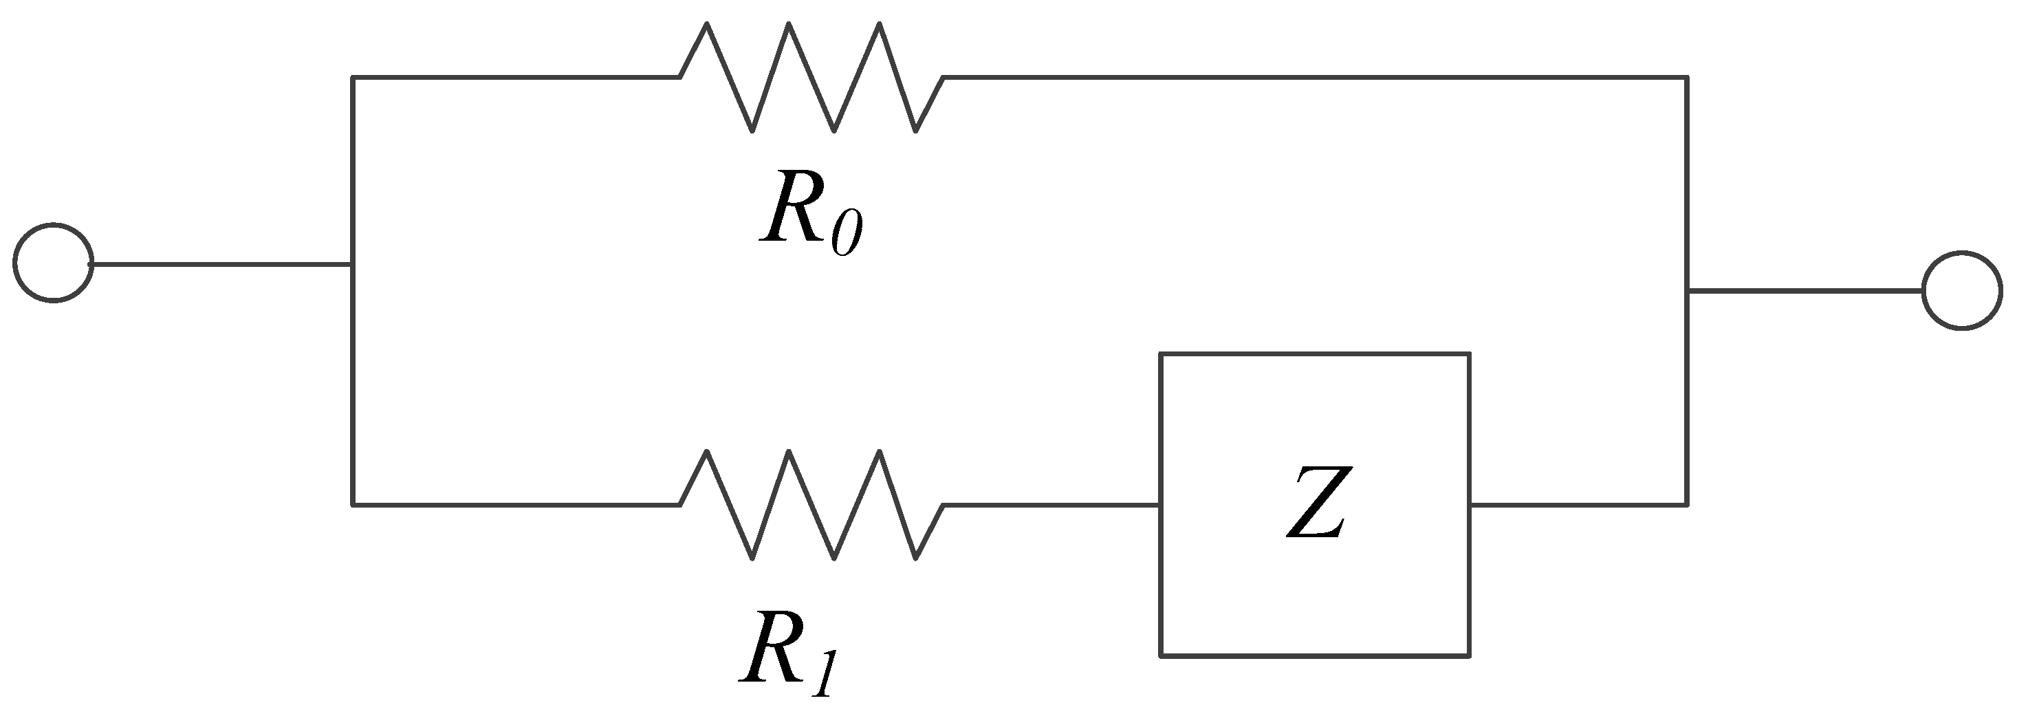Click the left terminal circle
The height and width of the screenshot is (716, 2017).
53,263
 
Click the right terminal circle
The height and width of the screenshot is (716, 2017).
1962,291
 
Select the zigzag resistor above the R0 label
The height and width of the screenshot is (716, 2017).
811,78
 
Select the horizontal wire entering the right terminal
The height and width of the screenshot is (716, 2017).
1805,291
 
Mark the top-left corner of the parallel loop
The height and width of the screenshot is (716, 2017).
353,78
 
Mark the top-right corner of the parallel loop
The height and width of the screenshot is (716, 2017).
1687,78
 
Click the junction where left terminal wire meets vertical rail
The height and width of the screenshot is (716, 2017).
353,265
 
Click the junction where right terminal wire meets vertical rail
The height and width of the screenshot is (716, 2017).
1687,291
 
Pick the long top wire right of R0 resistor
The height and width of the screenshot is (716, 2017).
1316,78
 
